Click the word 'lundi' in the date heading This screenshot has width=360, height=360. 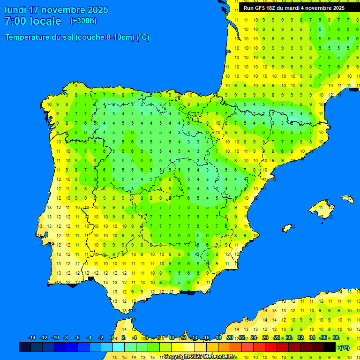coord(15,10)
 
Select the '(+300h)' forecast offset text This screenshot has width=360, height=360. coord(83,21)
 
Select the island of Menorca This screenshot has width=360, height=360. coord(347,199)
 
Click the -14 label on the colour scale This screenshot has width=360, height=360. coord(32,338)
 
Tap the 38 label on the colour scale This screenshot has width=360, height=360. coord(335,338)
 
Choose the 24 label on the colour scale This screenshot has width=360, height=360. coord(254,338)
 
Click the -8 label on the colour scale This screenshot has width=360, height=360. coord(66,338)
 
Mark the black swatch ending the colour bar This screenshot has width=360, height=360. coord(330,347)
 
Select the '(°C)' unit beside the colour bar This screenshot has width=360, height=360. coord(344,347)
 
